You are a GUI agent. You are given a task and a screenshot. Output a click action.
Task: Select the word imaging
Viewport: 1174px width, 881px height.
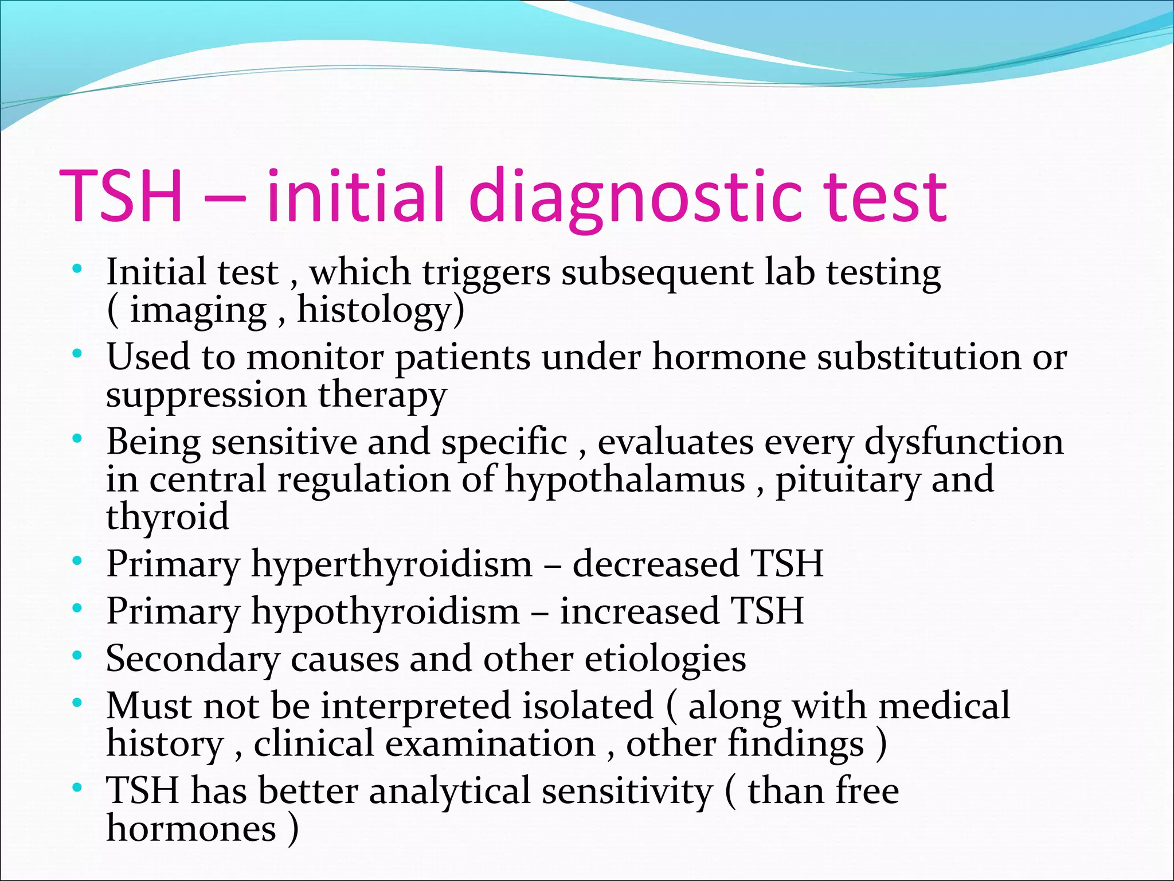coord(198,311)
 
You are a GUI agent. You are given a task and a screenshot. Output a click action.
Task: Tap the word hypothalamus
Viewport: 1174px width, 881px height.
coord(625,480)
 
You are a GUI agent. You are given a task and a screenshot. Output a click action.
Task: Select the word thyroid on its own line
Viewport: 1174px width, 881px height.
coord(167,516)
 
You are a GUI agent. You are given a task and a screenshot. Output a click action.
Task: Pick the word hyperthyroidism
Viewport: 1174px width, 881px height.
coord(392,564)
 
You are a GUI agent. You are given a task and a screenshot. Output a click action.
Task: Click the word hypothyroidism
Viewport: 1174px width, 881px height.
coord(385,611)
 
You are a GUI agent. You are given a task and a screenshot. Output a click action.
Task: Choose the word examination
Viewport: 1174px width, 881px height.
coord(490,744)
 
